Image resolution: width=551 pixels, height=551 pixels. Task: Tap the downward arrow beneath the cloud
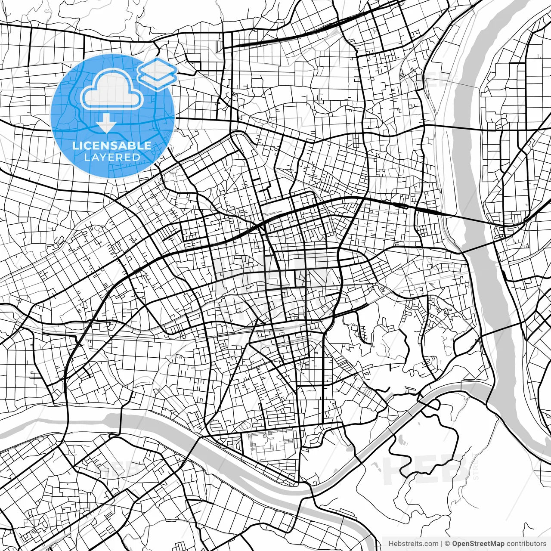106,125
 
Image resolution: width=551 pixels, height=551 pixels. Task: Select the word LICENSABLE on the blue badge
112,145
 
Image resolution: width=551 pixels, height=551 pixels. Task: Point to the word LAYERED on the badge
112,157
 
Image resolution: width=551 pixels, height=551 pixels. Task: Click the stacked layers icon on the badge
158,73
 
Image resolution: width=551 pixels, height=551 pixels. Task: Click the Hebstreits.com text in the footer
413,544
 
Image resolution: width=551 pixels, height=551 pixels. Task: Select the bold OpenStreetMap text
478,544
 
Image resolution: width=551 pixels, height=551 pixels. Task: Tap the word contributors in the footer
526,544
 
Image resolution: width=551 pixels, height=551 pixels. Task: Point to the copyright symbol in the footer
448,544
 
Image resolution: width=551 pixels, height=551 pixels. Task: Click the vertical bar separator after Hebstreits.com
442,544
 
